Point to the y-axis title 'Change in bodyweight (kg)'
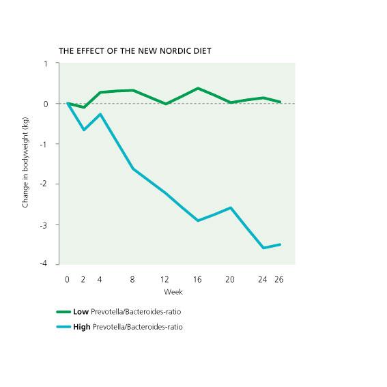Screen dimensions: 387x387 (x=26, y=163)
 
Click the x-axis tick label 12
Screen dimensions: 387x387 (x=166, y=279)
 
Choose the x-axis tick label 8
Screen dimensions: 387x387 (x=133, y=279)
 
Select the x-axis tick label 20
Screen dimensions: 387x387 (x=231, y=279)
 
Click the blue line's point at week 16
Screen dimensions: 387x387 (x=198, y=220)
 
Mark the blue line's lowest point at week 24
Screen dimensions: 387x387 (x=263, y=248)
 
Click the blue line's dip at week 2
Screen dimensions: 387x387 (x=84, y=130)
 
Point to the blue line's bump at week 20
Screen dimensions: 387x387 (x=231, y=207)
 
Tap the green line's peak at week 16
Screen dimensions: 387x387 (x=198, y=88)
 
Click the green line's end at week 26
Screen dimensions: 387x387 (x=281, y=102)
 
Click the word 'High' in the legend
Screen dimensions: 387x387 (x=82, y=327)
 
